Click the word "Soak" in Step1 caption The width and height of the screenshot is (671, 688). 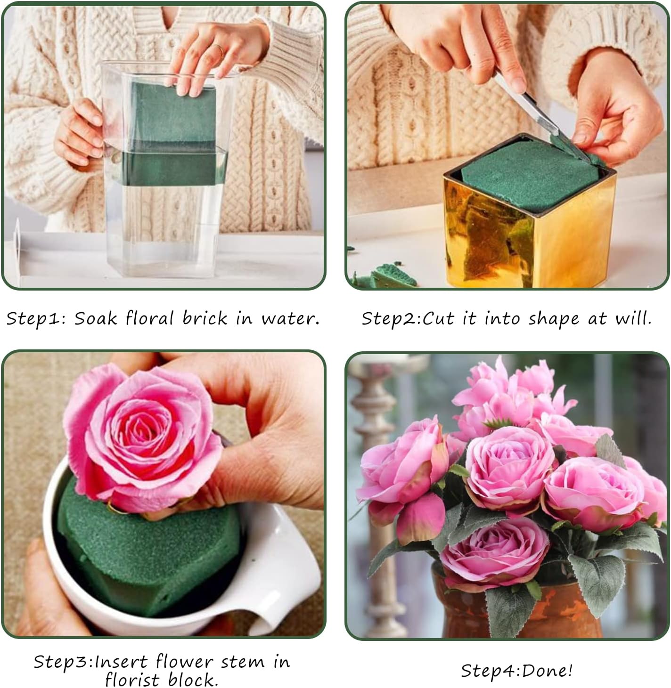(95, 319)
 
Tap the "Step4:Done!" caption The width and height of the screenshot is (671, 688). (516, 670)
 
